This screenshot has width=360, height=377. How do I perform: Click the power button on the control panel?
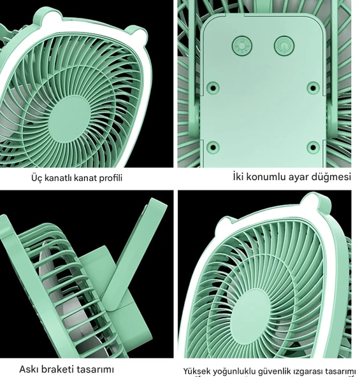click(284, 45)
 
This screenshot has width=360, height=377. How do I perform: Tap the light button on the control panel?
click(242, 45)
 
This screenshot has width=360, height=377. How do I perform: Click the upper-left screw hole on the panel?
click(213, 87)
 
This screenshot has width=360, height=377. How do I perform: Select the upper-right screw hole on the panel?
click(313, 87)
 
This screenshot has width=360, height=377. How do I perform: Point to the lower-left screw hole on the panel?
click(213, 147)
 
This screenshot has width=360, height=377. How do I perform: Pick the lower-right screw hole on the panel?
click(313, 147)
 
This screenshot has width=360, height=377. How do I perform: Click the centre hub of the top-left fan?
click(69, 116)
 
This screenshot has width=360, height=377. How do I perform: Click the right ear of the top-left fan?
click(137, 33)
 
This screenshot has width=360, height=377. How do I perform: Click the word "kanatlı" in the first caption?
click(59, 178)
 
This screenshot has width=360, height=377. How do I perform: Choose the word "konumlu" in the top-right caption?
click(266, 177)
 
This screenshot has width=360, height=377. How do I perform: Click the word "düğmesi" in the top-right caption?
click(331, 177)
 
